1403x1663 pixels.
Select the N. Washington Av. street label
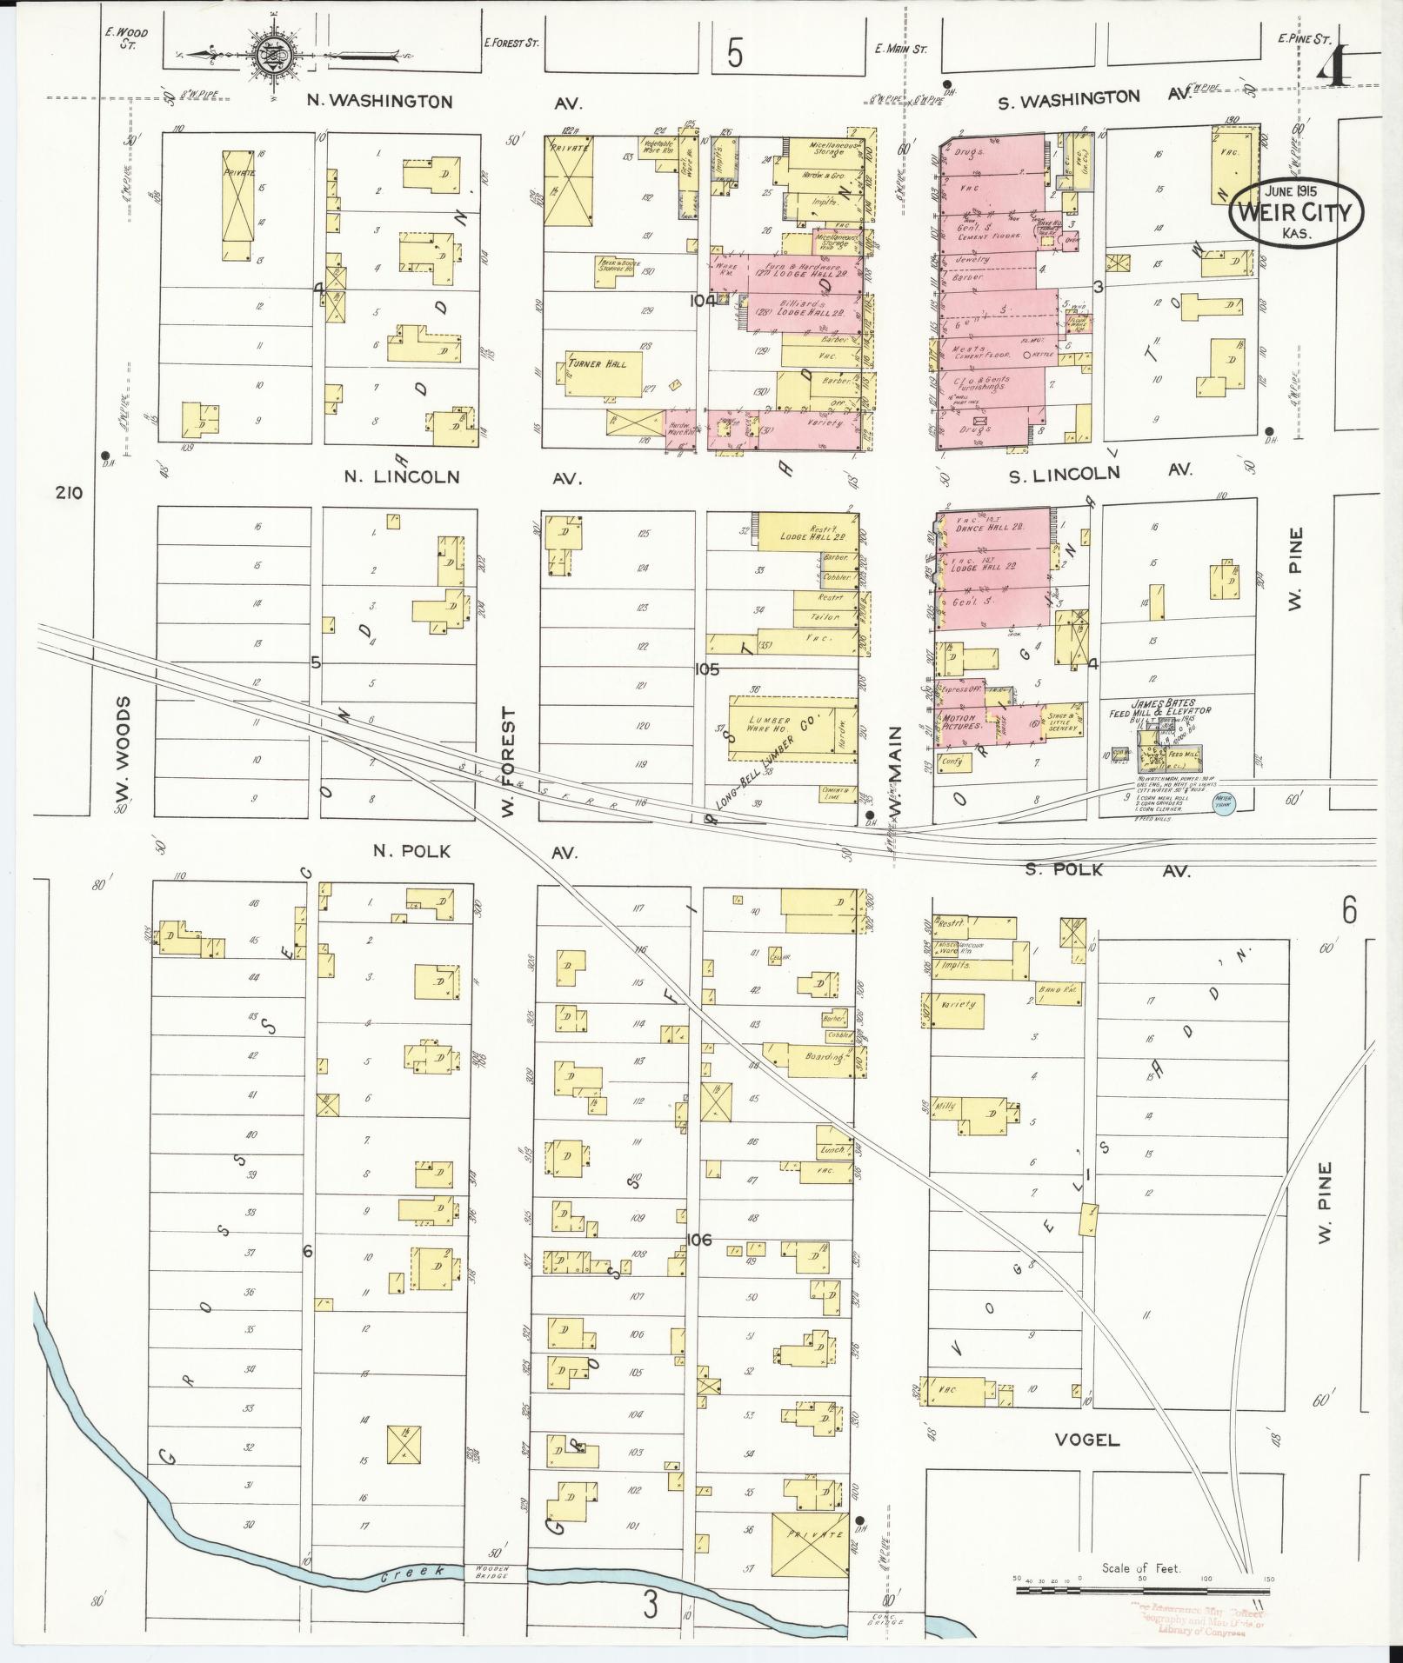coord(380,102)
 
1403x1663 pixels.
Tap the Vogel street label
coord(1086,1440)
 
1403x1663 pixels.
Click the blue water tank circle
coord(1224,806)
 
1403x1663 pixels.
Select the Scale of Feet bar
coord(1139,1589)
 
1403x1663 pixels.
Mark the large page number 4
coord(1333,66)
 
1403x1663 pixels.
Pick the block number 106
coord(698,1240)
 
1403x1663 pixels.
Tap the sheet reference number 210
coord(69,493)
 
